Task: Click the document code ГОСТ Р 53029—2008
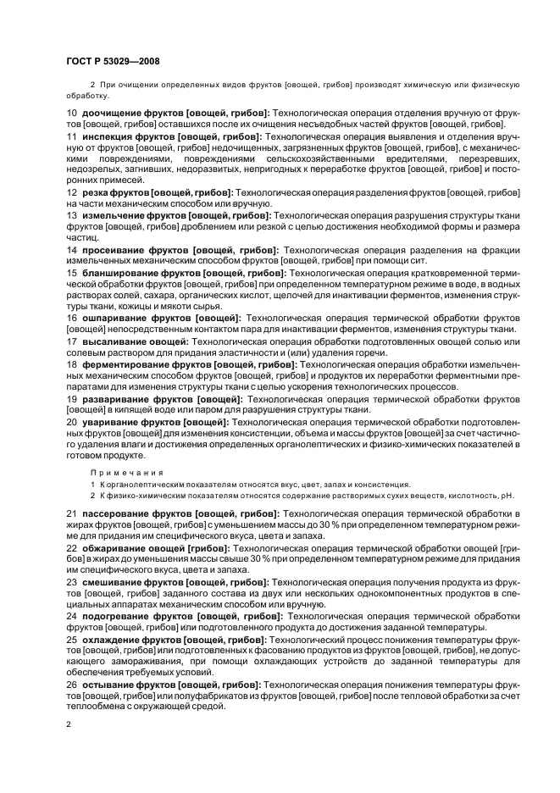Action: pos(113,60)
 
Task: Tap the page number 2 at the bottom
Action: pos(69,724)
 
